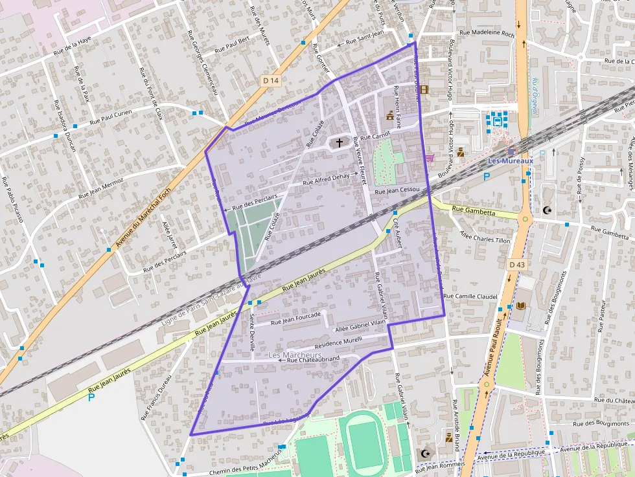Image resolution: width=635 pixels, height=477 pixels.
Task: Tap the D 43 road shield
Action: (x=516, y=265)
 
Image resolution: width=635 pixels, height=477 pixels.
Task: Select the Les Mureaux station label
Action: (x=510, y=161)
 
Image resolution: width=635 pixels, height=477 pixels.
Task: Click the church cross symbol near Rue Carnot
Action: (x=339, y=142)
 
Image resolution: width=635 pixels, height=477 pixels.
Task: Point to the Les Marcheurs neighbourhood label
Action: (x=294, y=355)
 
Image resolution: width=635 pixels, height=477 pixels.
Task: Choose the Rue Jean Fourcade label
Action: (x=295, y=318)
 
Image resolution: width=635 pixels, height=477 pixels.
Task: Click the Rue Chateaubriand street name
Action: (x=313, y=359)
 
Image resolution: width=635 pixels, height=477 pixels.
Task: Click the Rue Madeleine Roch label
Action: (x=486, y=33)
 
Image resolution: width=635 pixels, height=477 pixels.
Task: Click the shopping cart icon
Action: (x=429, y=158)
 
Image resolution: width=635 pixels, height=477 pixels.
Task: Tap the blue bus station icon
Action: (x=497, y=120)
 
